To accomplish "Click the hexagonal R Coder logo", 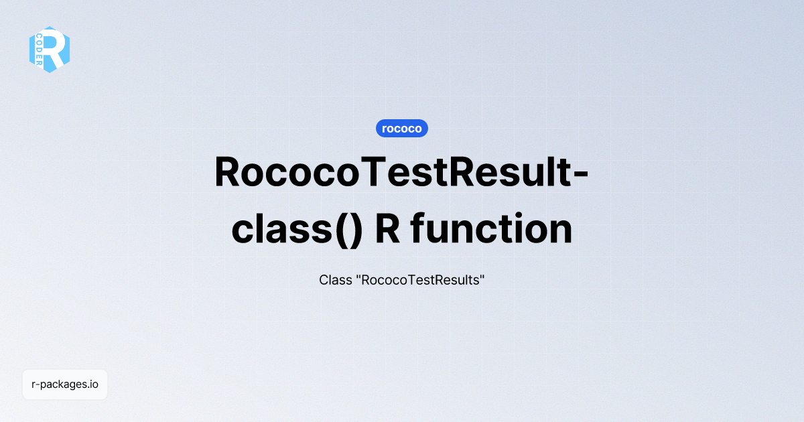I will tap(50, 50).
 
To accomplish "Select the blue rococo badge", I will tap(402, 128).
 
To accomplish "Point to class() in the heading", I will tap(297, 230).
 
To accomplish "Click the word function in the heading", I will tap(492, 230).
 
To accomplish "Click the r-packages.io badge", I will tap(65, 384).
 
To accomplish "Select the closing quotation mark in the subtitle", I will tap(482, 277).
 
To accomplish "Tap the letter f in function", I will tap(418, 230).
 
